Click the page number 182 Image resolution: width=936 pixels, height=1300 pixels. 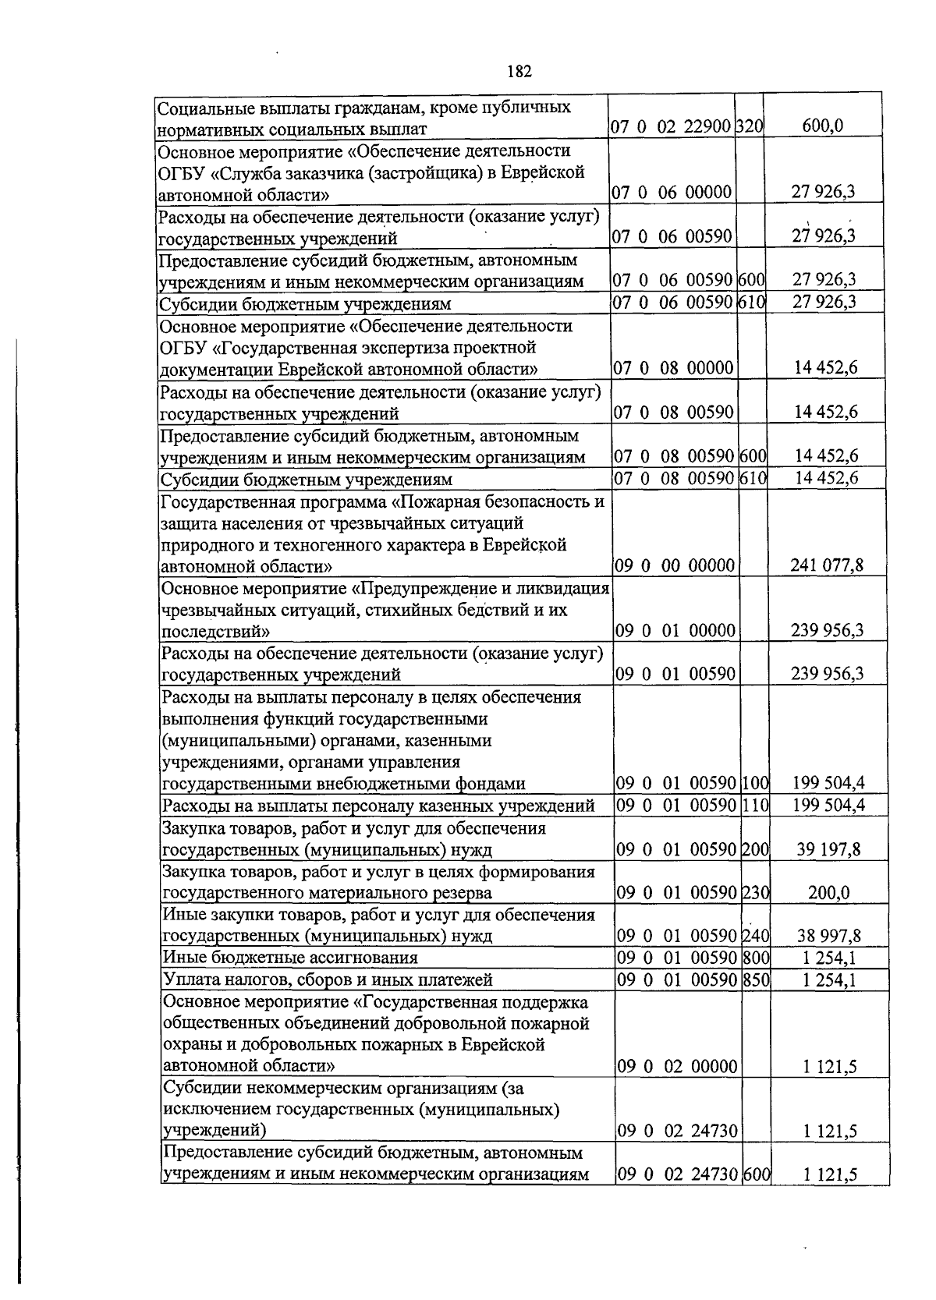[x=519, y=72]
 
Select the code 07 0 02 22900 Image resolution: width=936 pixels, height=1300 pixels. [x=671, y=126]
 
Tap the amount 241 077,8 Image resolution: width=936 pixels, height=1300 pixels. [x=827, y=565]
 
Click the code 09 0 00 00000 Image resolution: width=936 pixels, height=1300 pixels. [x=675, y=565]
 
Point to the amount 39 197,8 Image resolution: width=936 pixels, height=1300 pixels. [x=828, y=849]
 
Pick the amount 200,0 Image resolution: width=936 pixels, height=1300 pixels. [x=829, y=893]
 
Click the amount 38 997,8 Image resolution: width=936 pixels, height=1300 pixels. [x=828, y=936]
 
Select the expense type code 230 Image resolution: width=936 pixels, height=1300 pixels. [x=755, y=893]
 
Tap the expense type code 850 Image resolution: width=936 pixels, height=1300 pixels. [x=755, y=979]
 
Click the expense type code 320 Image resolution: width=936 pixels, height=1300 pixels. [x=750, y=126]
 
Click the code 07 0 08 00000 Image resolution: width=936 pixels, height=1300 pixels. [x=672, y=367]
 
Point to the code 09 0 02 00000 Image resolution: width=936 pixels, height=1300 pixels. [x=677, y=1066]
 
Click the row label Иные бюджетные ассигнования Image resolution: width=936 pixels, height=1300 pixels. [x=289, y=958]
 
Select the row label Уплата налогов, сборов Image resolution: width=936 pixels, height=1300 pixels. [x=327, y=979]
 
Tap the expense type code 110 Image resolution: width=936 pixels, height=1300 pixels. [x=755, y=806]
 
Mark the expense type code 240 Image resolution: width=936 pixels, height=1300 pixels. [x=755, y=936]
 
